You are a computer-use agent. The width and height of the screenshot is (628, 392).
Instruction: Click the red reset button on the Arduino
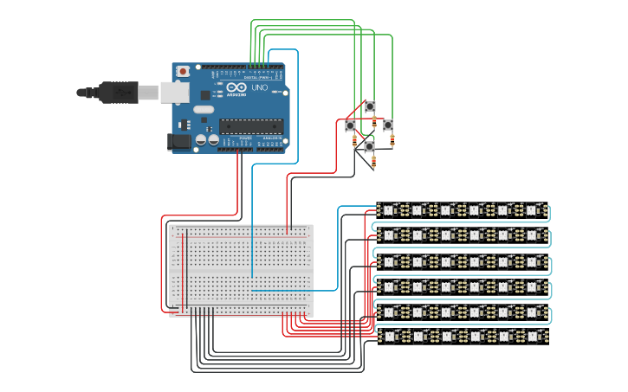tap(183, 71)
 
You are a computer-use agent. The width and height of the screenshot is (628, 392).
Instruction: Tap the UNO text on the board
tap(259, 88)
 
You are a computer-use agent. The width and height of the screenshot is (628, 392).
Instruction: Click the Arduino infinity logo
tap(236, 88)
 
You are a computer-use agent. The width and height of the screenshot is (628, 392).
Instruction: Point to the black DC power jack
tap(178, 141)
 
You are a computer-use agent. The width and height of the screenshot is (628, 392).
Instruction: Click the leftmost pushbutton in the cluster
tap(351, 126)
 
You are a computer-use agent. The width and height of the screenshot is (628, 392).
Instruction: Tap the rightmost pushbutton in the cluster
tap(388, 126)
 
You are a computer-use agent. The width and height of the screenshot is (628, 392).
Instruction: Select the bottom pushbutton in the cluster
tap(370, 147)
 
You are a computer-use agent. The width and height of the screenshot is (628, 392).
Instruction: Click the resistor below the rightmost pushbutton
tap(393, 141)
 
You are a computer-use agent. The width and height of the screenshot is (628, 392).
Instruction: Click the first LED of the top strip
tap(387, 209)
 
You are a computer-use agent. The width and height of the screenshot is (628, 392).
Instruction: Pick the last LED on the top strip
tap(532, 209)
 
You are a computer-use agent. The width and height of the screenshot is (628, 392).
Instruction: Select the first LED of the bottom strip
tap(387, 335)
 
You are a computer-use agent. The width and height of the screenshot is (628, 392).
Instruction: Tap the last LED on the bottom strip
tap(532, 335)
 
